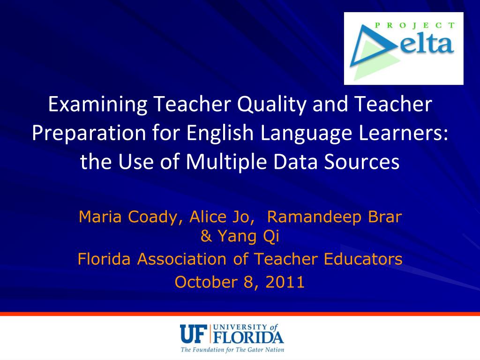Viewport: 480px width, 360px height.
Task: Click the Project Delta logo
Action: click(x=404, y=48)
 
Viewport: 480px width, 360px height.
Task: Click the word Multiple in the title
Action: click(x=221, y=162)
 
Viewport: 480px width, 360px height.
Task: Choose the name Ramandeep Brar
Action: click(x=334, y=217)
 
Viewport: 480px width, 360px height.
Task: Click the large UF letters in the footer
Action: click(x=194, y=334)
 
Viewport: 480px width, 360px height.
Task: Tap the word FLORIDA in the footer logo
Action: click(x=249, y=337)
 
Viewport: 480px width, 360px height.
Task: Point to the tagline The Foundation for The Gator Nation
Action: click(x=232, y=350)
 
